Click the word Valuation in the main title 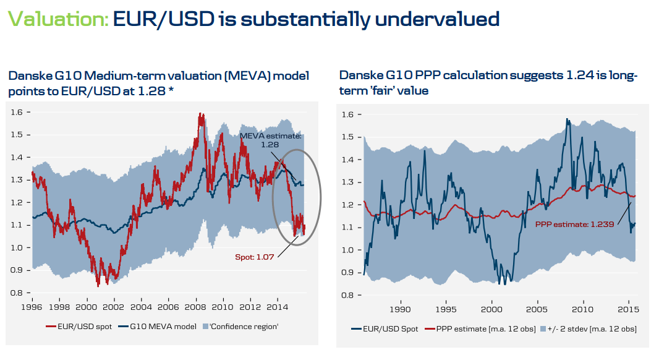[57, 19]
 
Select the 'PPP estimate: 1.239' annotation [574, 225]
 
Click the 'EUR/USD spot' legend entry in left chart [79, 326]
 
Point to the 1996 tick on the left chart [33, 307]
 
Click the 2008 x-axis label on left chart [196, 307]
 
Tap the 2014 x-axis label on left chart [278, 307]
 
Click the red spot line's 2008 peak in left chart [200, 115]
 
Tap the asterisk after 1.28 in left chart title [169, 91]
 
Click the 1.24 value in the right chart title [578, 75]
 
